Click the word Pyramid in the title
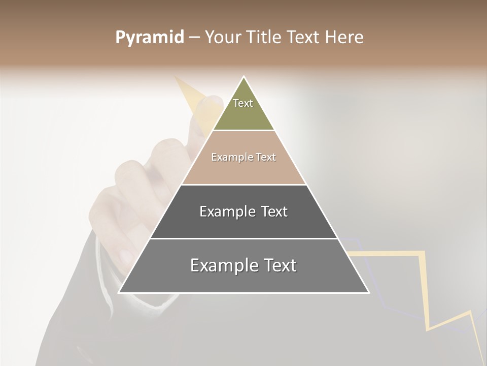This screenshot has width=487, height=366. [x=149, y=38]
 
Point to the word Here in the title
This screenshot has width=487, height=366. [x=344, y=38]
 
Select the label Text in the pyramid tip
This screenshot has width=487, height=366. [x=243, y=103]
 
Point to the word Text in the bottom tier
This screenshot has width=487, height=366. [x=280, y=265]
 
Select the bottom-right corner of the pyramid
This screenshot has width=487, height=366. [x=368, y=292]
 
